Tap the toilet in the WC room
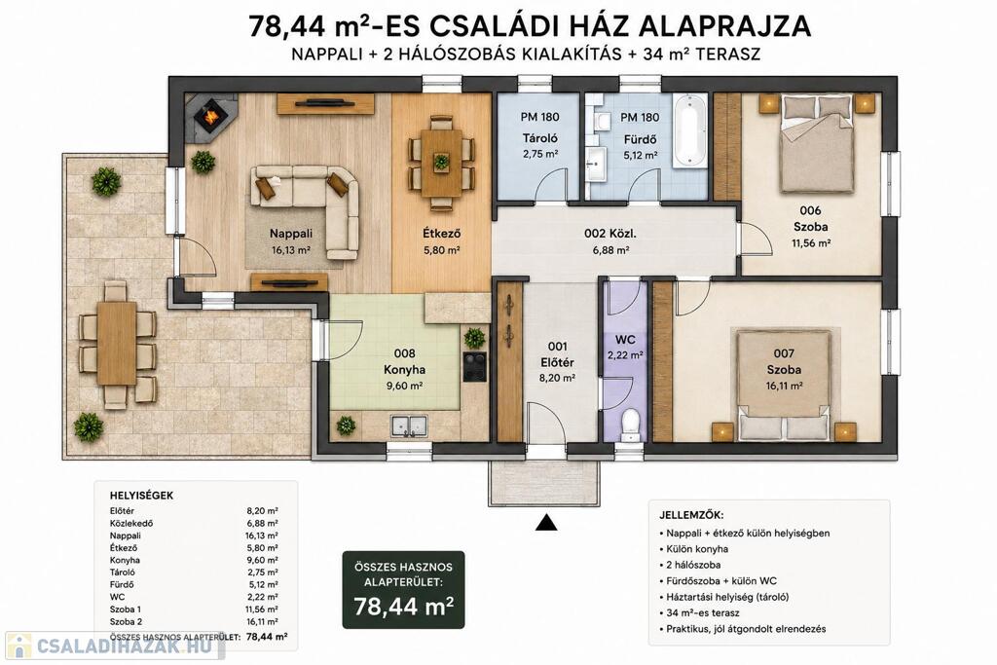(x=630, y=424)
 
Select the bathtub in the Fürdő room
(x=689, y=131)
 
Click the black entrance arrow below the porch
(x=546, y=522)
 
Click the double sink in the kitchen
(x=410, y=425)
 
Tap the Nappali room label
(x=290, y=234)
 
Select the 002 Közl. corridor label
(x=610, y=234)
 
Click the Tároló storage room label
(x=539, y=138)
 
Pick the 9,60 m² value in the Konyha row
(x=262, y=560)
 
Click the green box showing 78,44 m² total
(x=403, y=590)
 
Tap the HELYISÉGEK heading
(x=141, y=496)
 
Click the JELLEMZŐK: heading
(x=691, y=516)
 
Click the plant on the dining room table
(x=441, y=162)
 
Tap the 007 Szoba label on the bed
(x=784, y=361)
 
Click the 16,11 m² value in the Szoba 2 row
(x=262, y=622)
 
